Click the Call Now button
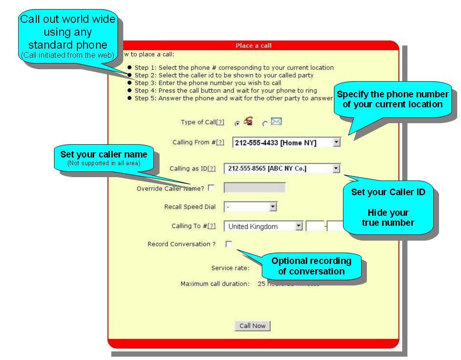coord(252,326)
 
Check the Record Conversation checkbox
coord(228,244)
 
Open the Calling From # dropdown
coord(337,142)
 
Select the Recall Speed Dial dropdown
coord(273,207)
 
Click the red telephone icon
coord(248,122)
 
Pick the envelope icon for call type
coord(276,122)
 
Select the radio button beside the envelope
coord(265,123)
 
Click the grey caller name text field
coord(255,188)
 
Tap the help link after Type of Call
coord(220,123)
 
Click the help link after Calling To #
coord(212,226)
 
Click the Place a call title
coord(253,46)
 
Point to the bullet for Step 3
coord(130,83)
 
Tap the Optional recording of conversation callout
coord(311,266)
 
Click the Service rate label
coord(230,268)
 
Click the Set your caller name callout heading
coord(104,155)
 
